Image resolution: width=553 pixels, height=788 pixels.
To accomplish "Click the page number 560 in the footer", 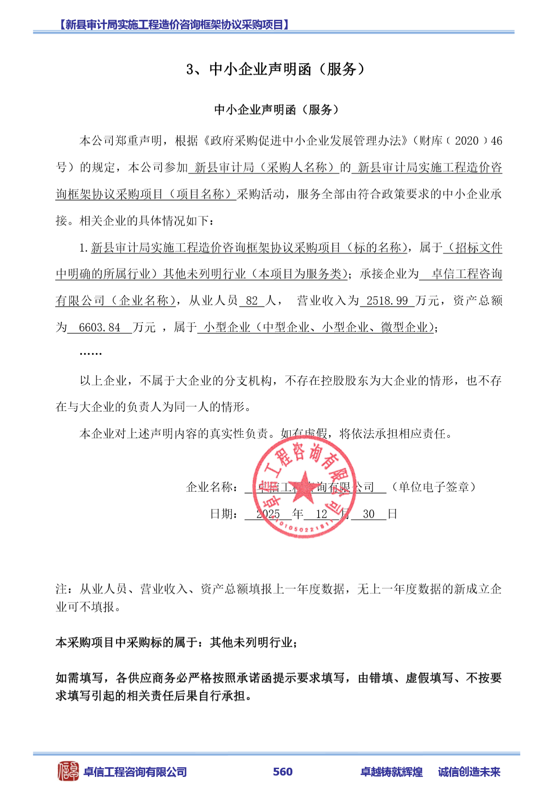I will pyautogui.click(x=282, y=771).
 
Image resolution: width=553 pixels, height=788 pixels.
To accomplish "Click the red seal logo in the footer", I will pyautogui.click(x=68, y=771).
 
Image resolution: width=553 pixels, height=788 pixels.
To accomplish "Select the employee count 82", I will pyautogui.click(x=252, y=301).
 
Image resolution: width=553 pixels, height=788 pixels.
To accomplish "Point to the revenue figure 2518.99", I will pyautogui.click(x=387, y=301).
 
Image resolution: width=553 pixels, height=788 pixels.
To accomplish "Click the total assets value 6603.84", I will pyautogui.click(x=99, y=328).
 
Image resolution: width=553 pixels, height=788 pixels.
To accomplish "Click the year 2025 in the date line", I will pyautogui.click(x=268, y=514).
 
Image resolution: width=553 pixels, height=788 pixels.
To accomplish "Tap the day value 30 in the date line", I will pyautogui.click(x=369, y=514).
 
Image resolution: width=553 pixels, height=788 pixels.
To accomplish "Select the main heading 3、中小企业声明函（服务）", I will pyautogui.click(x=276, y=69).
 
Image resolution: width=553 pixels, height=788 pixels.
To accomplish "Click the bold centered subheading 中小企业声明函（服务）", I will pyautogui.click(x=276, y=110).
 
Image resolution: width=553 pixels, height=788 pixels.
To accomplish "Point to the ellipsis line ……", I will pyautogui.click(x=91, y=353).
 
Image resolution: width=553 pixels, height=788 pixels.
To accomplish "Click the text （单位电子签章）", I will pyautogui.click(x=433, y=487).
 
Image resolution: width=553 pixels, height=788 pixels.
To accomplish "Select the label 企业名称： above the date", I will pyautogui.click(x=212, y=487).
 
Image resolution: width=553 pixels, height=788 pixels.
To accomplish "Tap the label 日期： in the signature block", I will pyautogui.click(x=224, y=514).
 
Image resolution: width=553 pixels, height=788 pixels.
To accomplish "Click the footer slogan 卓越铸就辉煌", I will pyautogui.click(x=391, y=772).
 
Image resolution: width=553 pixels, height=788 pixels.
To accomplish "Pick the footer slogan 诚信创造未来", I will pyautogui.click(x=469, y=772).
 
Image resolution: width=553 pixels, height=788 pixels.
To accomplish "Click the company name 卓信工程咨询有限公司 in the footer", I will pyautogui.click(x=135, y=772).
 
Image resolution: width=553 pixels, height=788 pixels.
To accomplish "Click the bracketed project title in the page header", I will pyautogui.click(x=175, y=24).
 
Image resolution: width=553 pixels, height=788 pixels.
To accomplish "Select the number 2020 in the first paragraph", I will pyautogui.click(x=466, y=141).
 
